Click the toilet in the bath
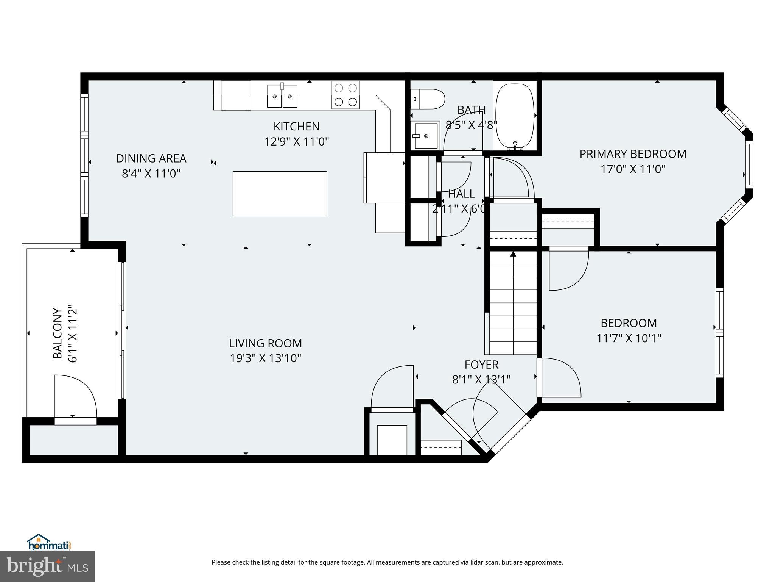coord(428,99)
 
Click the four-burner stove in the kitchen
coord(345,95)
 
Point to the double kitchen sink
coord(282,96)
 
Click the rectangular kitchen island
coord(280,194)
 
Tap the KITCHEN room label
coord(296,126)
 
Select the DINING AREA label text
coord(151,158)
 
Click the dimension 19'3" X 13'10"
coord(265,358)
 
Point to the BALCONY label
coord(58,333)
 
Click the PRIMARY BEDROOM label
coord(633,154)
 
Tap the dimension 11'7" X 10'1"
coord(629,338)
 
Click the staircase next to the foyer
coord(513,303)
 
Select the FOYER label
coord(481,365)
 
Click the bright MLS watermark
coord(47,566)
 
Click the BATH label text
coord(471,110)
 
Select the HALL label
coord(461,194)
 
